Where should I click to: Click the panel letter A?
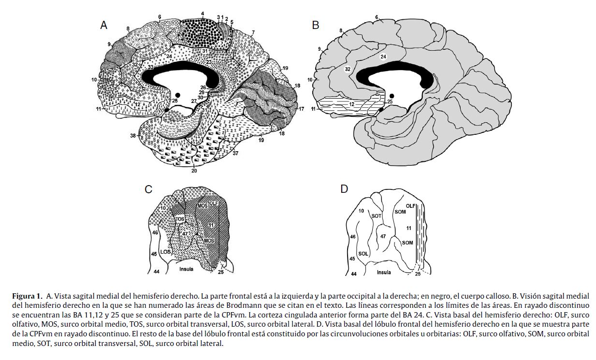(104, 26)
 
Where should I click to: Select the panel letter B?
(316, 25)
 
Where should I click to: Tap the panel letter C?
(149, 189)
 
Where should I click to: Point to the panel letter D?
(344, 188)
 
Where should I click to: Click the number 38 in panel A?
(133, 136)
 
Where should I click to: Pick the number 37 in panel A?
(236, 154)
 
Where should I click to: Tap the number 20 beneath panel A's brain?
(194, 170)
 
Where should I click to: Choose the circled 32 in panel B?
(347, 69)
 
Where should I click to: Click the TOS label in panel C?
(180, 219)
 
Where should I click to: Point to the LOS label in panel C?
(165, 252)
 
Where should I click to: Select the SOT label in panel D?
(377, 216)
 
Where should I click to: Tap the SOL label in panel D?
(363, 254)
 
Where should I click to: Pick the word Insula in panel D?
(384, 272)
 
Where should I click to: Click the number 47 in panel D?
(383, 236)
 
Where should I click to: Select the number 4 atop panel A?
(203, 14)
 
